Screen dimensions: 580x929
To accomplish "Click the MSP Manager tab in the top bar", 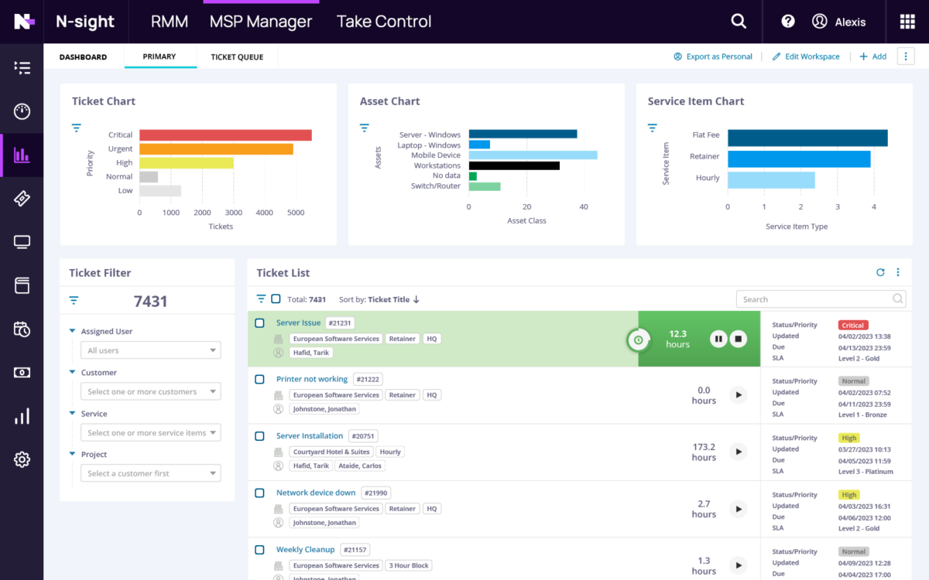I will click(x=260, y=22).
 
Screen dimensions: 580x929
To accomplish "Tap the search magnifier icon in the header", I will click(x=739, y=22).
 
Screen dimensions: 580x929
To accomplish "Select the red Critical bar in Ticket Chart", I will click(x=225, y=135).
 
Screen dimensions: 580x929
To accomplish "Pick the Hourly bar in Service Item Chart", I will click(x=771, y=180).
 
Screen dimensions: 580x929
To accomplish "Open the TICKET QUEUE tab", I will click(x=237, y=57).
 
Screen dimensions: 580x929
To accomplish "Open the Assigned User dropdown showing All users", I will click(x=151, y=351).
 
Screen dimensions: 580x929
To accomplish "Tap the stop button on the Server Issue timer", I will click(x=739, y=339).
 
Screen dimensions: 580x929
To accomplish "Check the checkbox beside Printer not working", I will click(x=260, y=379).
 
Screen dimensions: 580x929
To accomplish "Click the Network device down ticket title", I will click(x=316, y=493).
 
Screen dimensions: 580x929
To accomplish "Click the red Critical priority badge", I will click(x=853, y=326).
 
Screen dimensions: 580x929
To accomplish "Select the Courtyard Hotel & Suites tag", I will click(x=331, y=452).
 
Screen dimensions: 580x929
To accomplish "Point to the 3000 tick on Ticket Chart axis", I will click(x=233, y=213).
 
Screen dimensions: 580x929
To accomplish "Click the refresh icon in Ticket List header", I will click(x=880, y=272).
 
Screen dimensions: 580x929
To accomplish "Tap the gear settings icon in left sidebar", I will click(x=22, y=459).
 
